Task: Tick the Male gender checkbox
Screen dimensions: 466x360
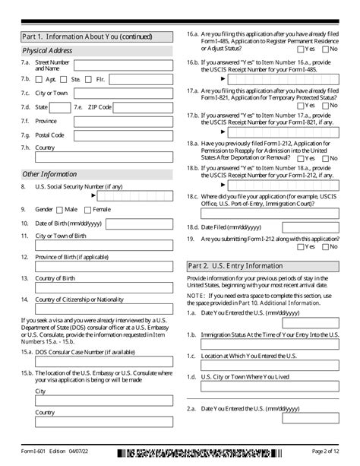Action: pos(60,209)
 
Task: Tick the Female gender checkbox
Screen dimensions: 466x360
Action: pos(89,209)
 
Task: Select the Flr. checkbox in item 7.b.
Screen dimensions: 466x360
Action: pos(89,79)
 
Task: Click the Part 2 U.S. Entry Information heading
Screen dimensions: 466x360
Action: pos(235,266)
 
